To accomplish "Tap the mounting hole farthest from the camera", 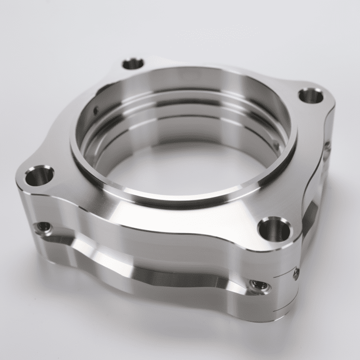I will [x=133, y=64].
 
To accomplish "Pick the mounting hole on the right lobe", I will [x=311, y=96].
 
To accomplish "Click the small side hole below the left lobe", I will [x=43, y=228].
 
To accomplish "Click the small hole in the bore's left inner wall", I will [x=96, y=111].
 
